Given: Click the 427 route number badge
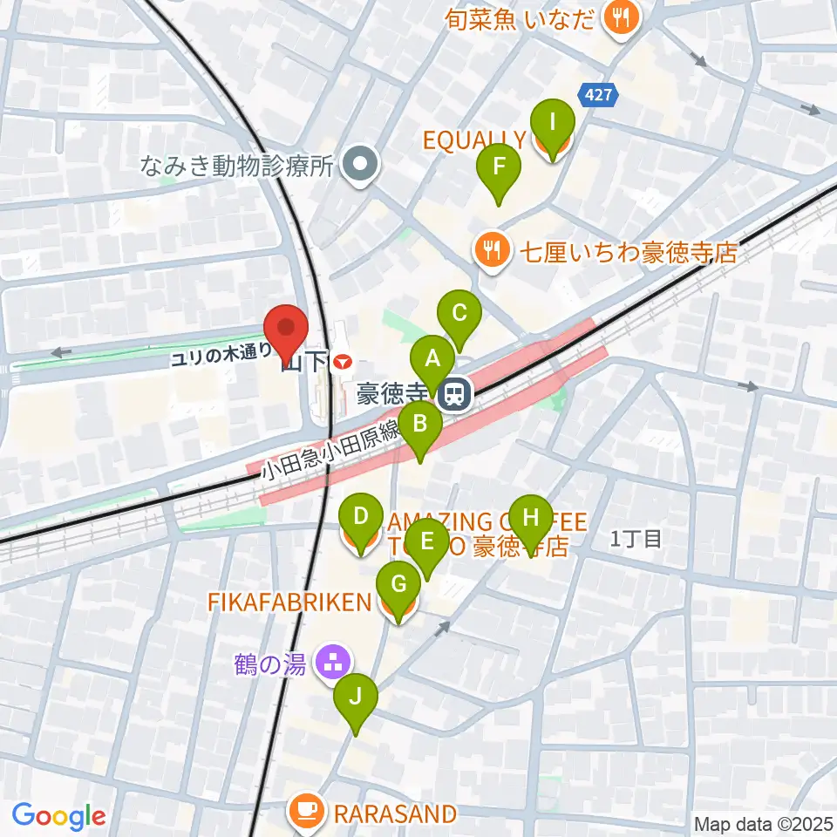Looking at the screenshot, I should click(598, 93).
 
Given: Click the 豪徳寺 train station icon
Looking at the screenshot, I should click(453, 396).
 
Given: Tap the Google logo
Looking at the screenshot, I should click(58, 817).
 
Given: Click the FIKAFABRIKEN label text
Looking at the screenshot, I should click(289, 601).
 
